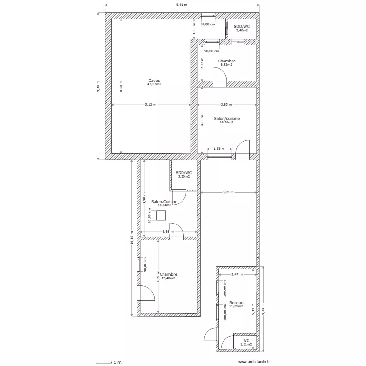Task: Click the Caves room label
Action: tap(154, 81)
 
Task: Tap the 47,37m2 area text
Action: tap(154, 84)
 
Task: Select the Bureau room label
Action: tap(236, 303)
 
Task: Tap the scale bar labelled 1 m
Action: tap(107, 362)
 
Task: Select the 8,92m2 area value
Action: tap(226, 65)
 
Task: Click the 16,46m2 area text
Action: tap(226, 122)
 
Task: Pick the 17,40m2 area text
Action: tap(168, 278)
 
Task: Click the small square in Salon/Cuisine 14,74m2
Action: tap(161, 215)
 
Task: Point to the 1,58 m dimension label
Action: tap(219, 149)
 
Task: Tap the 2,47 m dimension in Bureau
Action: tap(237, 275)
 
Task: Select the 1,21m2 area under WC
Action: tap(246, 344)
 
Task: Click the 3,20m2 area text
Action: tap(184, 177)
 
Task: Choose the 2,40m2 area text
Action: tap(241, 30)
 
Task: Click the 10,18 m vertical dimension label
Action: tap(132, 238)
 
